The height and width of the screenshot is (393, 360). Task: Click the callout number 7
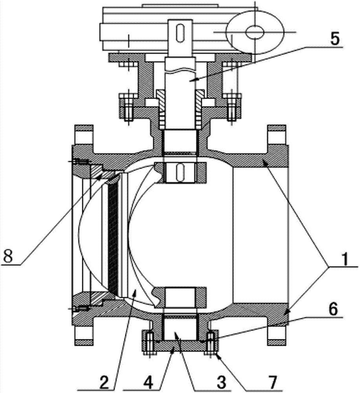pos(273,382)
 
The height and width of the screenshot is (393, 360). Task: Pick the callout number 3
pos(221,382)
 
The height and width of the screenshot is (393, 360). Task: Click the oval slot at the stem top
pos(180,33)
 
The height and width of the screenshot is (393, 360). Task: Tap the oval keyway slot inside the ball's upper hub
pos(180,173)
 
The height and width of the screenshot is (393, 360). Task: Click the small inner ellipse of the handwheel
pos(254,32)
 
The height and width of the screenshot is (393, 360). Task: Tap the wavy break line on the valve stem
pos(180,71)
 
